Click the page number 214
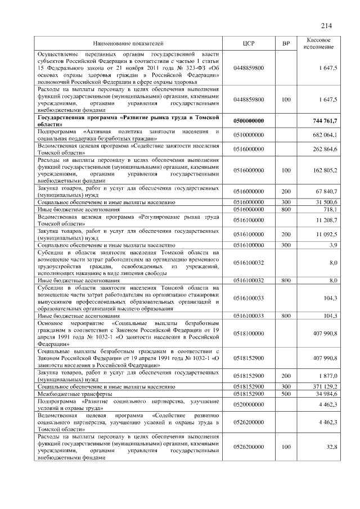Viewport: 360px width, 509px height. point(327,25)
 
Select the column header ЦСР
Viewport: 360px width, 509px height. point(249,43)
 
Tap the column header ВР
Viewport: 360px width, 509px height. point(286,43)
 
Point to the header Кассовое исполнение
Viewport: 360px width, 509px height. point(322,43)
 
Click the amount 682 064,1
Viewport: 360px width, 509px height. point(325,135)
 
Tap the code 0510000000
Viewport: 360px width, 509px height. point(249,135)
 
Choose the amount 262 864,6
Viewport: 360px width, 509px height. point(325,149)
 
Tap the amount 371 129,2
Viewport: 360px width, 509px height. point(325,387)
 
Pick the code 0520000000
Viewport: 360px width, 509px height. point(249,404)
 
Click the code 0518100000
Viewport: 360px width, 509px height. point(249,333)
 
